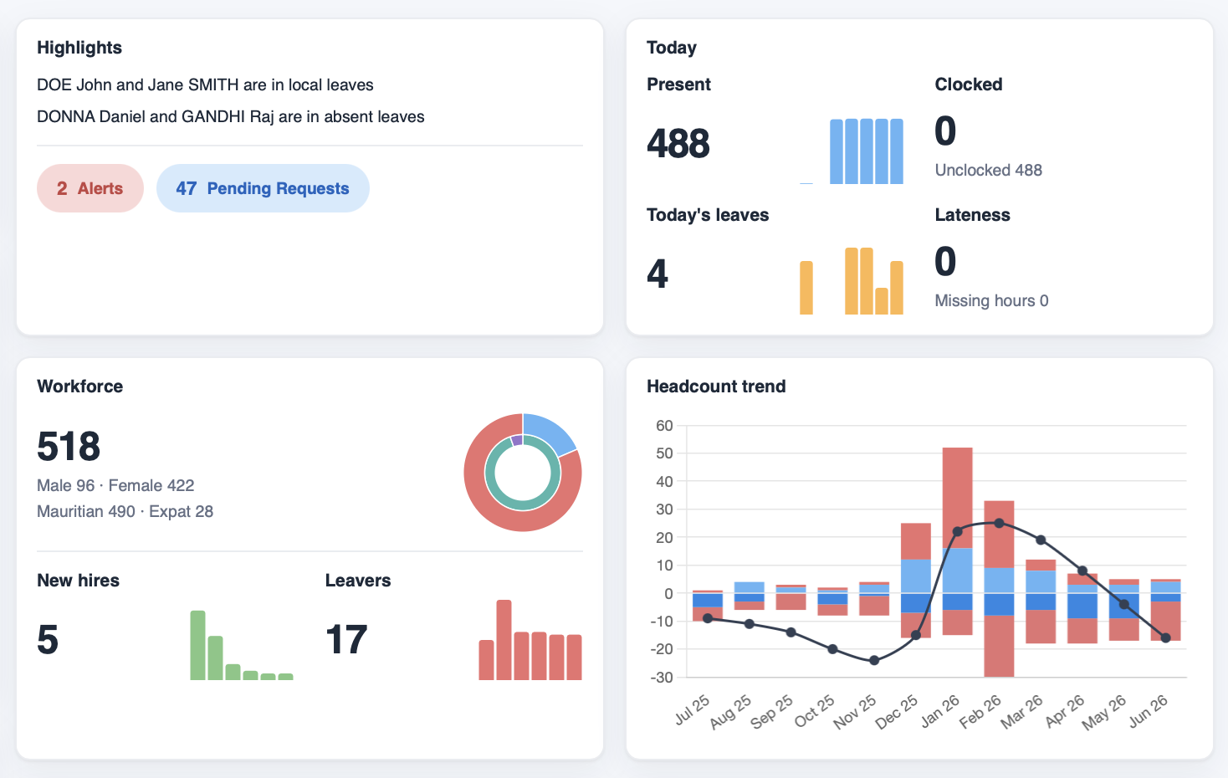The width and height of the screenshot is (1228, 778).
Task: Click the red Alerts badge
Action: coord(90,188)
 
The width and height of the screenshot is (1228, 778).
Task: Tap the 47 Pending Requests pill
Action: coord(263,188)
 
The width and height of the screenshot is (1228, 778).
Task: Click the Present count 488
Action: coord(678,144)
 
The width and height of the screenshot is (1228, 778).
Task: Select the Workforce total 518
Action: coord(69,446)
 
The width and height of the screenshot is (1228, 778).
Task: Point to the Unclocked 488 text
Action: coord(989,170)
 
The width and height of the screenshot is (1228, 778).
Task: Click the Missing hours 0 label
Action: coord(991,300)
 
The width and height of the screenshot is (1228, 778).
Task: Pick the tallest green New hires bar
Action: coord(198,645)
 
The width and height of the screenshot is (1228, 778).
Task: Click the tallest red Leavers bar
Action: coord(504,640)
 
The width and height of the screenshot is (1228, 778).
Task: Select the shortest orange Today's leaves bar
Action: coord(882,301)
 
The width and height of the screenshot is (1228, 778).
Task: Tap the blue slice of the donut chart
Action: coord(548,433)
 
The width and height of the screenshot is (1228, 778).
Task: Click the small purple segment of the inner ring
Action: coord(516,440)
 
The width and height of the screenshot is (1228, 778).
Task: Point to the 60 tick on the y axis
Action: coord(664,426)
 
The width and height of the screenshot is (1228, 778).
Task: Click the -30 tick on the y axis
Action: coord(662,677)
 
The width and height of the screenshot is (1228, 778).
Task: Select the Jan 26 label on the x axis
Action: coord(939,712)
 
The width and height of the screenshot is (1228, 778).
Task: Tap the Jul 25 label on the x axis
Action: coord(692,710)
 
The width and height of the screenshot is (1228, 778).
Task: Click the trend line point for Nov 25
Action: coord(874,660)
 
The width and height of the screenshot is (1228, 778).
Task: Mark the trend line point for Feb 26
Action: coord(999,524)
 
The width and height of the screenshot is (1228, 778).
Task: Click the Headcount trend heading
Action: coord(716,386)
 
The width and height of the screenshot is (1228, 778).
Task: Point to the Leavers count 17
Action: coord(346,639)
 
